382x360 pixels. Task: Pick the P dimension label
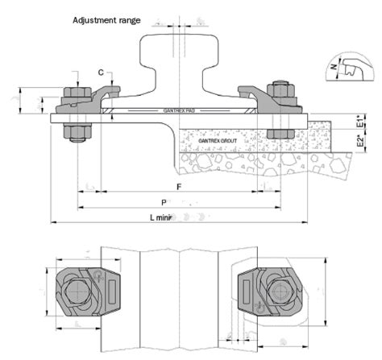[164, 201]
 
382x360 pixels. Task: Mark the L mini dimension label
[165, 217]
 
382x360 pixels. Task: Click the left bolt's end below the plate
[75, 138]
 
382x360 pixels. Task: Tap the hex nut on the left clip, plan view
[76, 288]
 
